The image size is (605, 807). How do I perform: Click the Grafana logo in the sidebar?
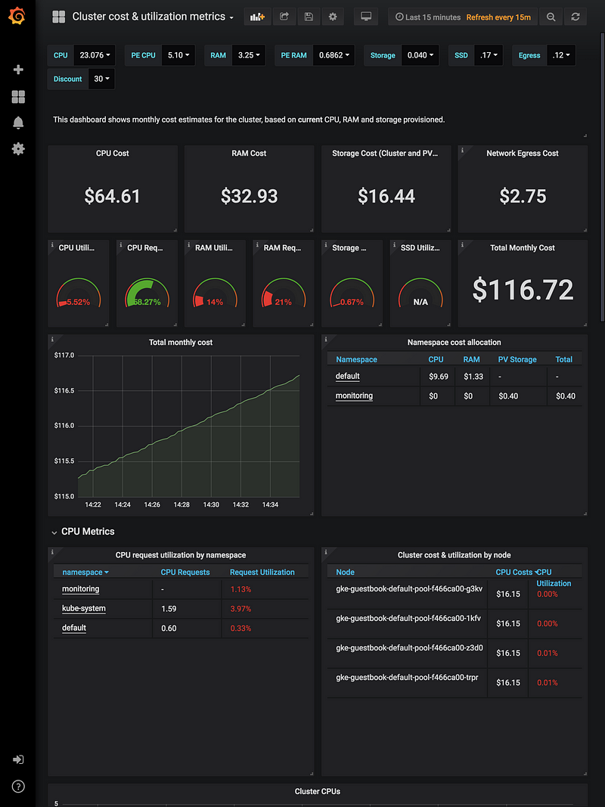tap(18, 16)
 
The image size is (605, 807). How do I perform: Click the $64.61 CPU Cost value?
tap(112, 197)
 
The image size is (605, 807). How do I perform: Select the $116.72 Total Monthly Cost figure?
tap(523, 290)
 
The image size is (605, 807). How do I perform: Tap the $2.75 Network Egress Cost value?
tap(523, 197)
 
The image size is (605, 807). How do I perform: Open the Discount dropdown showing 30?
tap(101, 79)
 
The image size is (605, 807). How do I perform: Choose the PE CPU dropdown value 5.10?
tap(178, 55)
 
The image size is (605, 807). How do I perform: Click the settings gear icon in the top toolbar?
tap(333, 17)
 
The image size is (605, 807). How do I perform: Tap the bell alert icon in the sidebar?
tap(18, 123)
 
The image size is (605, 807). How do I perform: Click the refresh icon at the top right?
tap(576, 17)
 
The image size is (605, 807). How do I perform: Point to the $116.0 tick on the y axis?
tap(64, 426)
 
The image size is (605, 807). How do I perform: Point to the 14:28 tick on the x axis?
tap(181, 504)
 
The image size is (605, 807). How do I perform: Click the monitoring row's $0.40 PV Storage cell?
tap(508, 396)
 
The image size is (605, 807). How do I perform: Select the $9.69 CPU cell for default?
tap(438, 377)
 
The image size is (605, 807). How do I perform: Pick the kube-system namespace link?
tap(83, 608)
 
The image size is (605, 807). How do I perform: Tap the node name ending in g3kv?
tap(409, 588)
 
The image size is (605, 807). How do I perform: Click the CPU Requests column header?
tap(185, 572)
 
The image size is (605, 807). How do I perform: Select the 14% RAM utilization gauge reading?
tap(215, 302)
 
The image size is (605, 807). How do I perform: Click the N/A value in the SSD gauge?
tap(420, 302)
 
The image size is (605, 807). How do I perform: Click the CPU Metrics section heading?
tap(88, 532)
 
